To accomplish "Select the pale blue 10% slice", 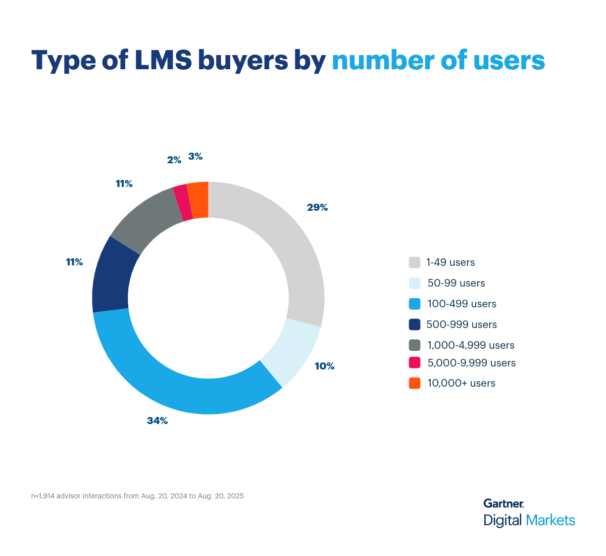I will tap(293, 354).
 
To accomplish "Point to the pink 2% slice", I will tap(182, 203).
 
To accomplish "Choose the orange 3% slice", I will tap(198, 200).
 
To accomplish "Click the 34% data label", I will tap(157, 421).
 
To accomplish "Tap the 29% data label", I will tap(317, 207).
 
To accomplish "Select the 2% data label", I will tap(174, 160).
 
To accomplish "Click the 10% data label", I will tap(324, 366).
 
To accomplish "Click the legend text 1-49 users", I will tap(450, 262).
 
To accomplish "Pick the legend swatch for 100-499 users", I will tap(415, 304).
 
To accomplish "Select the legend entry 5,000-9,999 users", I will tap(471, 363).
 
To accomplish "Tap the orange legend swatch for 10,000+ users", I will tap(415, 383).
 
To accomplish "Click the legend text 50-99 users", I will tap(456, 283).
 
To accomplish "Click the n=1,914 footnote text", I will tap(137, 496).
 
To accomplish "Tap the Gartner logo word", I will tap(503, 503).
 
